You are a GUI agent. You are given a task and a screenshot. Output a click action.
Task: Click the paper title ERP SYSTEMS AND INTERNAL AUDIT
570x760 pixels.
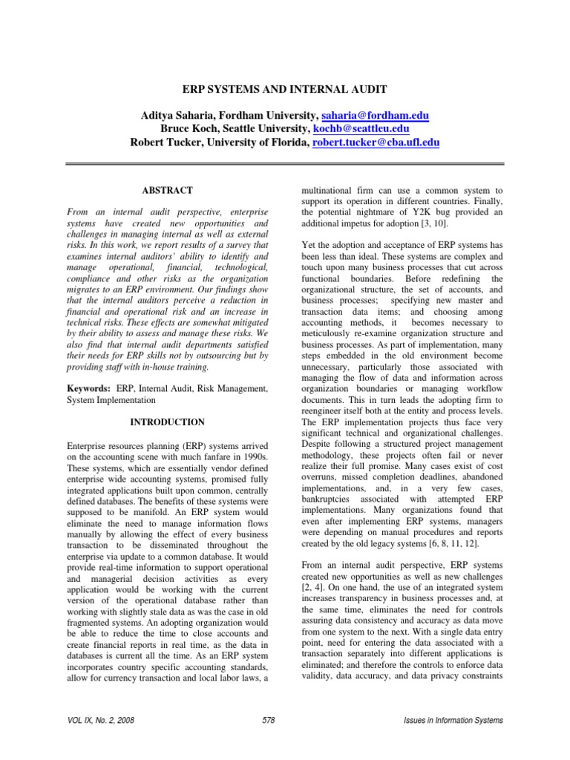(x=285, y=89)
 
